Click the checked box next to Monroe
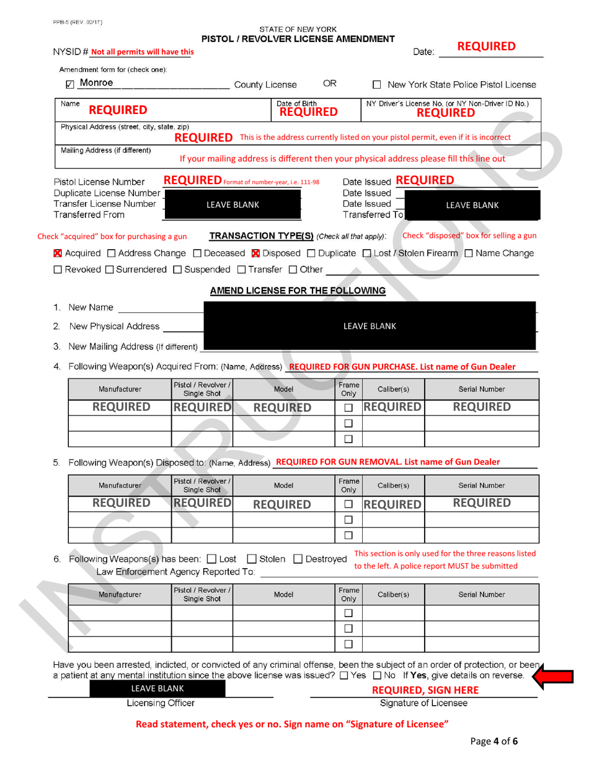coord(70,85)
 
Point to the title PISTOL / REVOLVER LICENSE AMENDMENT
coord(298,38)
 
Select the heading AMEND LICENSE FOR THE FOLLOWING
coord(298,291)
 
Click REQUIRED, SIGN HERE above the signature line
coord(425,690)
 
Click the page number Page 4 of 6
coord(494,742)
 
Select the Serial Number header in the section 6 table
coord(481,594)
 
